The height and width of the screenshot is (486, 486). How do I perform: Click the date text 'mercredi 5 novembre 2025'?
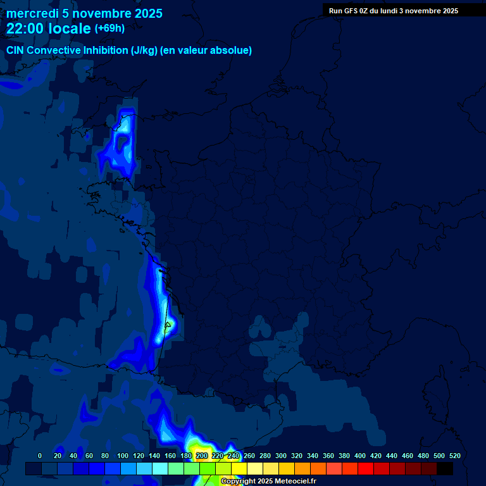(84, 13)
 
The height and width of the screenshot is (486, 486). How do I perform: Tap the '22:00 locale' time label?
(49, 28)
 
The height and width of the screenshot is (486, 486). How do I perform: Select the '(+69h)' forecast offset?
(109, 28)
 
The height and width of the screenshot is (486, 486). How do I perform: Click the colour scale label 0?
(40, 456)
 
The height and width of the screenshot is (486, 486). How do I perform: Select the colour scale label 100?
(123, 456)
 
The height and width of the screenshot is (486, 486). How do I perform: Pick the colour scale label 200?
(202, 456)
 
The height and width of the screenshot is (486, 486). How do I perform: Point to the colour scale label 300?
(281, 456)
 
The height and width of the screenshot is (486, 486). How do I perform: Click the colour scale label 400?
(360, 456)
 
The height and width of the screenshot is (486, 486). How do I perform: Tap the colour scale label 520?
(454, 456)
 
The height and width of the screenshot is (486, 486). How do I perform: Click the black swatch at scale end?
(445, 468)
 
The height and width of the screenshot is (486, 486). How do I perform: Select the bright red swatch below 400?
(366, 468)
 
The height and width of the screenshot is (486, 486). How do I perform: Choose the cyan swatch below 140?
(160, 468)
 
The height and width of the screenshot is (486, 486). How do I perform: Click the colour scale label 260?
(249, 456)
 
